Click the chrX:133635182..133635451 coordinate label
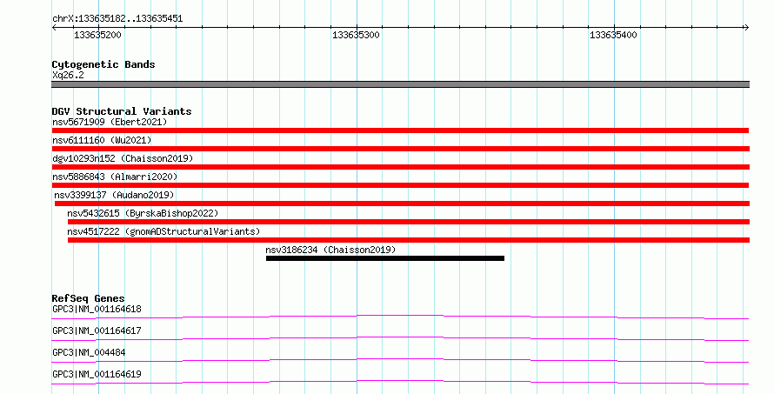(117, 19)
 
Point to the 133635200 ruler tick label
(97, 35)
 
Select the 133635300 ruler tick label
(356, 35)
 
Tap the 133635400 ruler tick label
(613, 35)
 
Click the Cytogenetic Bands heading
(103, 64)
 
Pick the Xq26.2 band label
(68, 75)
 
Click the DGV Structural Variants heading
(122, 111)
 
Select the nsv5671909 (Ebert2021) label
(110, 122)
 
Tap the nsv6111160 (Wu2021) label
(102, 140)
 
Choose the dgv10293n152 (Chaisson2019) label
(123, 158)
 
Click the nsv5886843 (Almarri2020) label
(115, 177)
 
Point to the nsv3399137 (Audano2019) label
(115, 195)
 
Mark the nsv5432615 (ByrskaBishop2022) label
(143, 213)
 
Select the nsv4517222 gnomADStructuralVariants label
(163, 231)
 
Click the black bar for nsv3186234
(385, 258)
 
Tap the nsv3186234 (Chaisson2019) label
(330, 250)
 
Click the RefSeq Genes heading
(88, 298)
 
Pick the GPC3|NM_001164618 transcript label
(97, 309)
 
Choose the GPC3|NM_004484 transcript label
(89, 352)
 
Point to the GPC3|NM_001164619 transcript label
(97, 374)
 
